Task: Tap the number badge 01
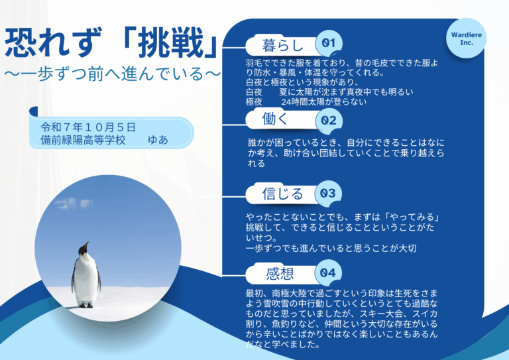(327, 43)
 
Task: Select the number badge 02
(327, 121)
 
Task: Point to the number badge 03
(327, 194)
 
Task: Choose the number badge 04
(327, 273)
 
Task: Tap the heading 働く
(276, 120)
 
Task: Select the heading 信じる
(283, 194)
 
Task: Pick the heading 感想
(279, 273)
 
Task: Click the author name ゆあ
(158, 141)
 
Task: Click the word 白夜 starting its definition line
(254, 92)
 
